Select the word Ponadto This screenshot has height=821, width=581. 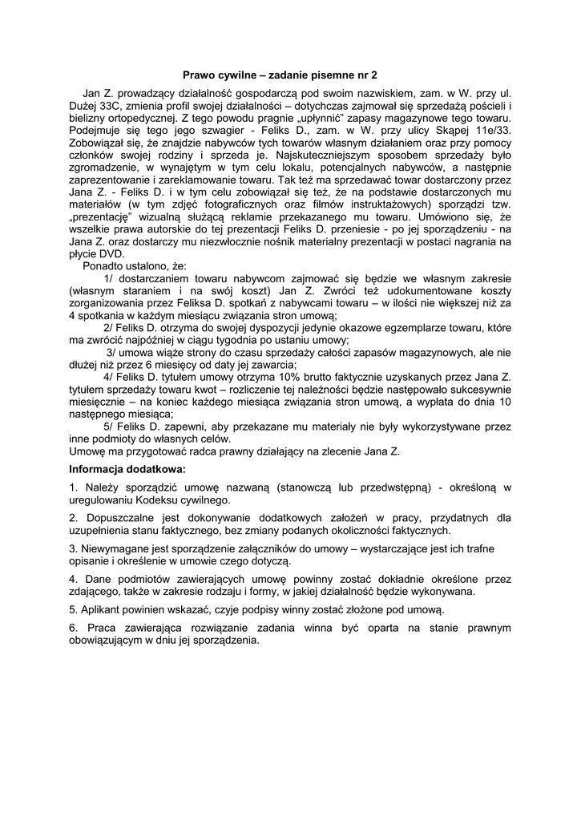tap(105, 265)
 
